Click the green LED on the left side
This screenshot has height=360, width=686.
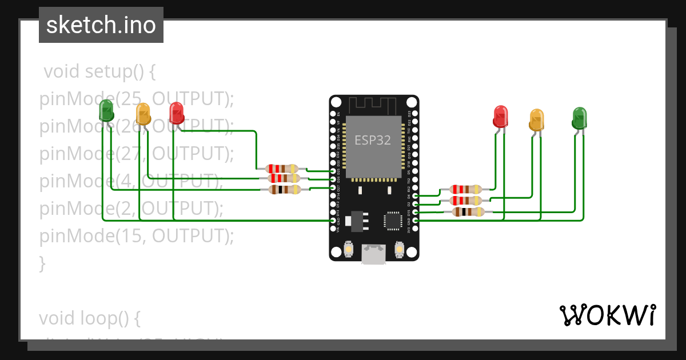pos(106,110)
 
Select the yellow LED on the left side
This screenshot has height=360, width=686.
pos(143,114)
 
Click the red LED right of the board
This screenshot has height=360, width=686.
pos(501,116)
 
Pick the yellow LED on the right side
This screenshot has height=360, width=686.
pos(537,119)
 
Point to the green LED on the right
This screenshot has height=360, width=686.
pos(580,117)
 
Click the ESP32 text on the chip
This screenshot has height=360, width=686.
pos(373,140)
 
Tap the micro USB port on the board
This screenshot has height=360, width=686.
pos(373,255)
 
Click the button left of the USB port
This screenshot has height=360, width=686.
pos(349,249)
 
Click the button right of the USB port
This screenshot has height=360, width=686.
pos(399,249)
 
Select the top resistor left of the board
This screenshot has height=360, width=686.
pos(282,169)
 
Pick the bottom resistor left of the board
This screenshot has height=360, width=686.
pos(285,189)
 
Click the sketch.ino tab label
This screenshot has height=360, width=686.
pos(101,25)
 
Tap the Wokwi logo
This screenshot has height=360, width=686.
pos(607,315)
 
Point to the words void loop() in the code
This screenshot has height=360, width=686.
pos(90,317)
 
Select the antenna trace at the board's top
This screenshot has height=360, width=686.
pos(373,105)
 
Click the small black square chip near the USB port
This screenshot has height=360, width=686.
pos(393,221)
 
